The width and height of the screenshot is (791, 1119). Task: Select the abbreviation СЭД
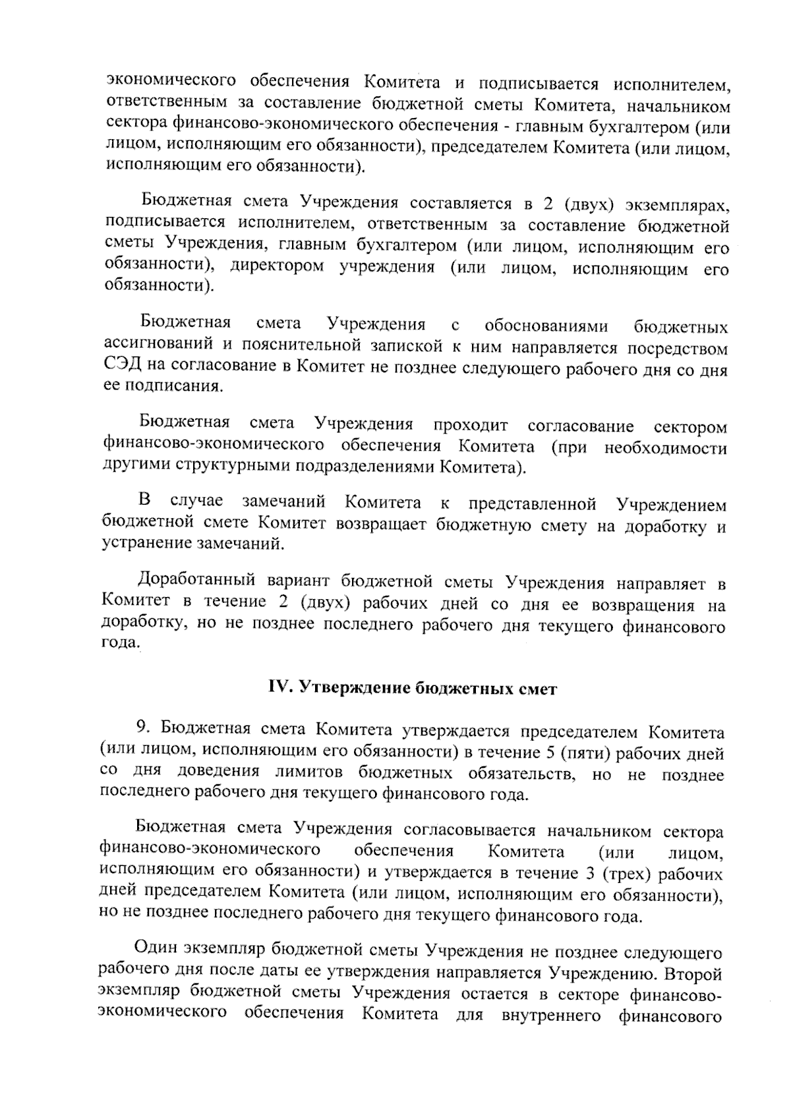(119, 367)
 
